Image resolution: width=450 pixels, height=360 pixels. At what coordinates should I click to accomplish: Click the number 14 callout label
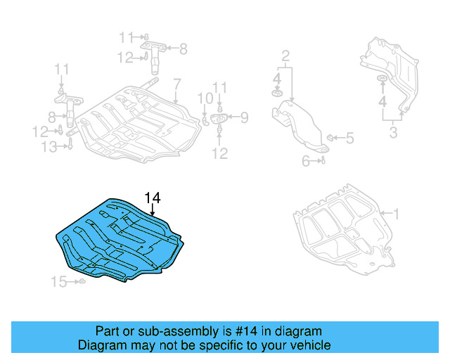tap(153, 198)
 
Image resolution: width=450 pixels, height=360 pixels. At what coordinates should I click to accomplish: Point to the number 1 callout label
tap(395, 212)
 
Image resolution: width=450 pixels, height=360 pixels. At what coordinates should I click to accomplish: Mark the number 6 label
tap(306, 161)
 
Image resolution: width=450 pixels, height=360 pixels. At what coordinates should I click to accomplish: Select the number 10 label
tap(204, 98)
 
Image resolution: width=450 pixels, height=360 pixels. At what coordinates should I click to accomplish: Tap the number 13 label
tap(49, 146)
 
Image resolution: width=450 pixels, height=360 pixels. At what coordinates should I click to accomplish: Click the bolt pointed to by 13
tap(70, 146)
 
